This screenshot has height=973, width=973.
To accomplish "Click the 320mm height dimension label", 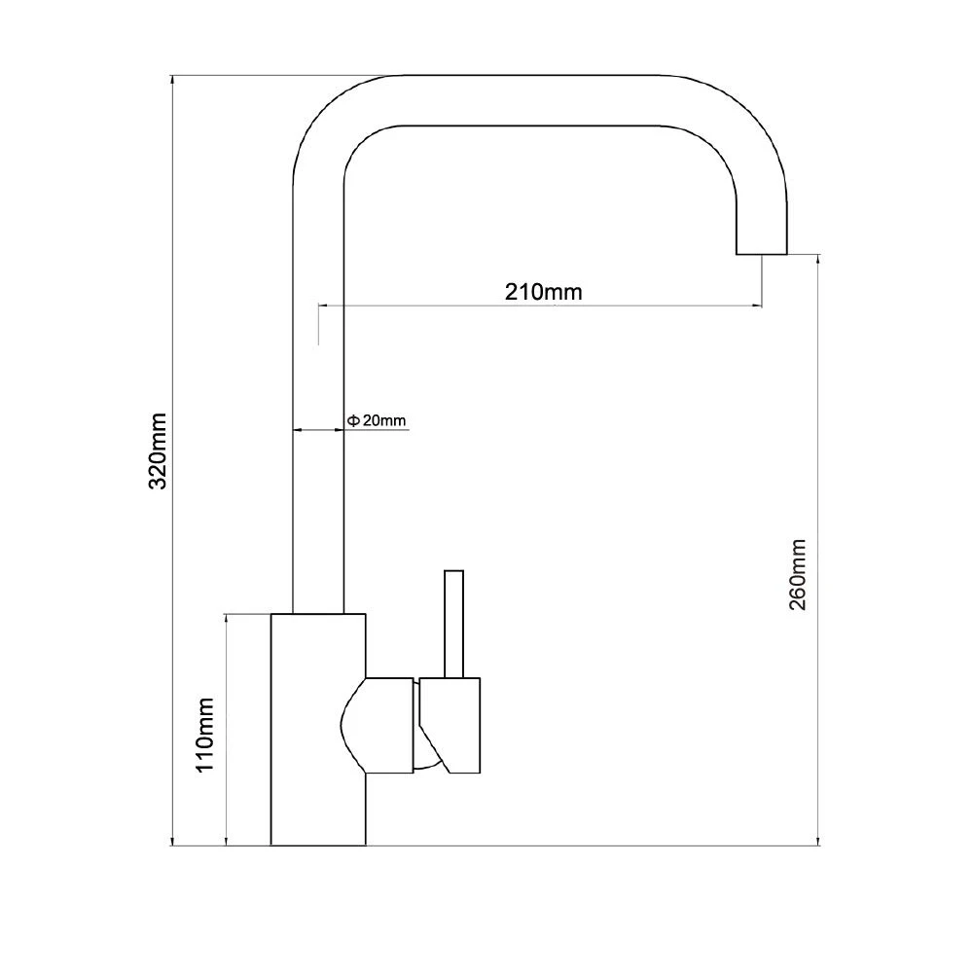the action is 159,451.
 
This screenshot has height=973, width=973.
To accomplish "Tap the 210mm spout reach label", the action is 544,292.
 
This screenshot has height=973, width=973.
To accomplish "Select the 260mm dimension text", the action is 798,575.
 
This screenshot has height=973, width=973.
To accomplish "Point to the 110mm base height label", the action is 204,736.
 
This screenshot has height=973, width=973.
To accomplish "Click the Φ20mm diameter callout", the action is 376,420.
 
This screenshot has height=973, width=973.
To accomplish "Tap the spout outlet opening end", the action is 762,253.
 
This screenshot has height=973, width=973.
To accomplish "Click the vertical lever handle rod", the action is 453,624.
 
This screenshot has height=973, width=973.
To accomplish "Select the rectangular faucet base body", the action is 318,729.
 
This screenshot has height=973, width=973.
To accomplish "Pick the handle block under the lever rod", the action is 450,726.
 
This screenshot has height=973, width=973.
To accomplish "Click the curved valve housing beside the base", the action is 378,726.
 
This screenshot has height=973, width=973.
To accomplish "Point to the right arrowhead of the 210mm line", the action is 757,306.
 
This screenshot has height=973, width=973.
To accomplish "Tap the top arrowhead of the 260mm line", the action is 818,260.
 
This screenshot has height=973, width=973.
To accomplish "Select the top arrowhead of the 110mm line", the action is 227,619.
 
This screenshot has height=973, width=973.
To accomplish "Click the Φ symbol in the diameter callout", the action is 352,420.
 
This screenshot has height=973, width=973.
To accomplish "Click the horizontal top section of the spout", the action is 532,100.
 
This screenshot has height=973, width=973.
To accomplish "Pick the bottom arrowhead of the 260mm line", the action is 818,840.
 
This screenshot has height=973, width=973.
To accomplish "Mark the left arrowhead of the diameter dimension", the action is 297,429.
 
